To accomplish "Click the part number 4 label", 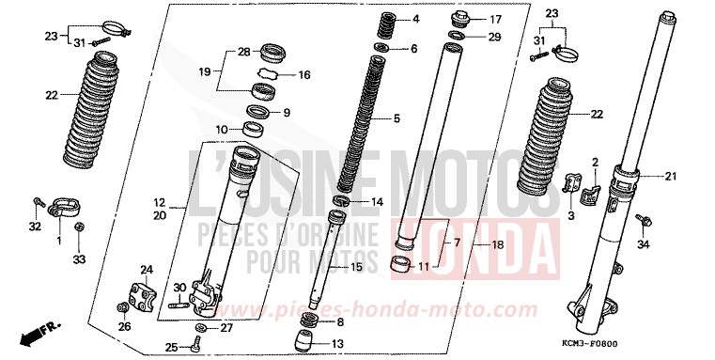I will click(415, 19).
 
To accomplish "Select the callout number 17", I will click(496, 19).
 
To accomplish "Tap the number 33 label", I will click(79, 258).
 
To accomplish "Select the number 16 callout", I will click(303, 75).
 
